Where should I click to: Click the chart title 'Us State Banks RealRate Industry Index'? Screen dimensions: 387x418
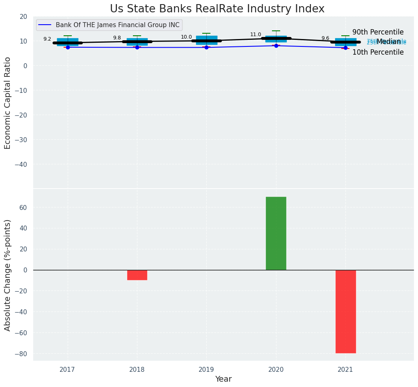pos(217,9)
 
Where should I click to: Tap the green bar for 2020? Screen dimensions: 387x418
pos(276,233)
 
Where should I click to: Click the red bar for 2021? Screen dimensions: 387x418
pos(345,311)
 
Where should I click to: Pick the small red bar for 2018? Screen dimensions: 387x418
pos(137,275)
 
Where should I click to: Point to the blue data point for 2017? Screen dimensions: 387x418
pos(68,47)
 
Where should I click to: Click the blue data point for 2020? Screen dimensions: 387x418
pos(276,46)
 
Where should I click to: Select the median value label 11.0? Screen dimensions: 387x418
pos(256,35)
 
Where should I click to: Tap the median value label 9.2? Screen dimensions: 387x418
pos(47,39)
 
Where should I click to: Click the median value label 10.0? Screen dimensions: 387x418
pos(186,37)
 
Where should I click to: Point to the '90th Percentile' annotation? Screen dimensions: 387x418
pos(378,32)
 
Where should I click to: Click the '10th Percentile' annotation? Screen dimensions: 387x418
pos(378,52)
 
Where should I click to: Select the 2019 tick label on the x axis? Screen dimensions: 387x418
pos(206,370)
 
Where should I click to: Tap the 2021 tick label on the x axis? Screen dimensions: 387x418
pos(345,370)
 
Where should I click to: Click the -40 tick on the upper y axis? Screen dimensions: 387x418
pos(22,164)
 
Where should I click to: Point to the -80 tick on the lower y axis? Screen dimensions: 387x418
pos(22,354)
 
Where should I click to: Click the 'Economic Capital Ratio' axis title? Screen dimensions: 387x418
pos(8,103)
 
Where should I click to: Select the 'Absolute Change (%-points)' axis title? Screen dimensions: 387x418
pos(8,275)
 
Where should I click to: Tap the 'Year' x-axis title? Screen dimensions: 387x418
pos(223,379)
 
